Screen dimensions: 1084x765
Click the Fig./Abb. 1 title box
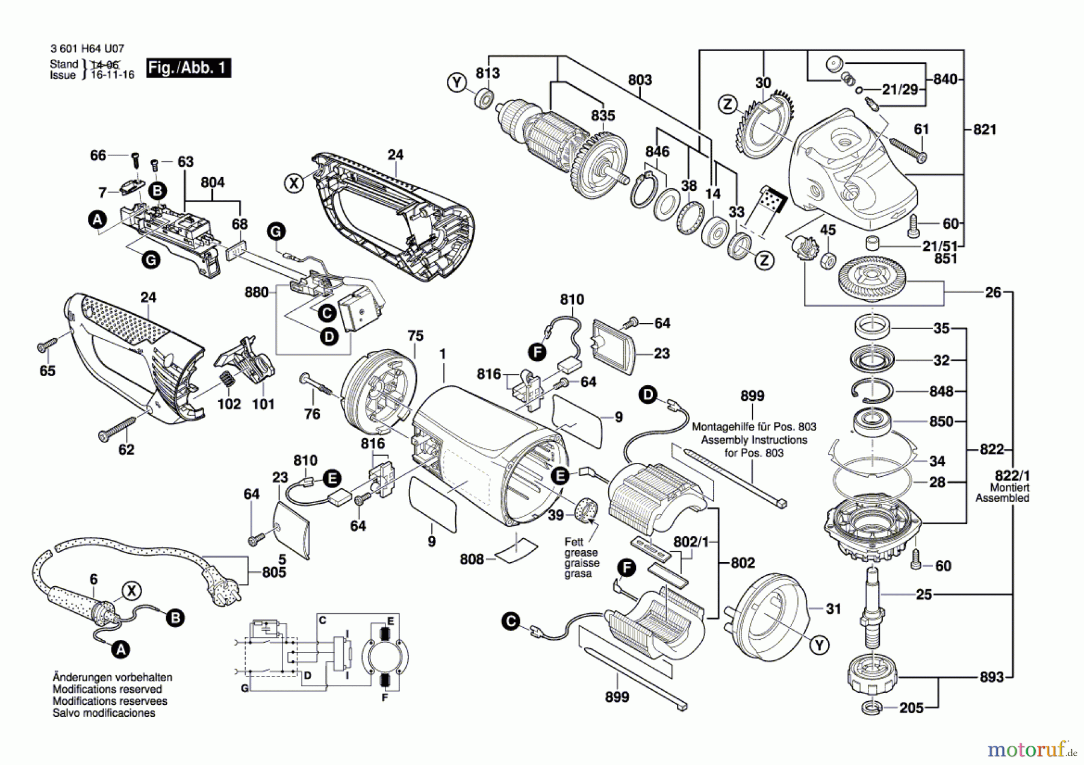(x=188, y=67)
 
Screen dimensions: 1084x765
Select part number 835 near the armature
(x=603, y=116)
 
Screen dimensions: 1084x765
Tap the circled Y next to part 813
(x=457, y=82)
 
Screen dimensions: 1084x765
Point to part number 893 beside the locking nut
(x=991, y=677)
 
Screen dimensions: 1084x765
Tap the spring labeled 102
(x=226, y=380)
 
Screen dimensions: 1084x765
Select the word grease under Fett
(x=581, y=553)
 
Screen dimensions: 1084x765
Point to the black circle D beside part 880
(x=329, y=336)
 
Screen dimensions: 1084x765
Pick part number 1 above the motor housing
(x=443, y=355)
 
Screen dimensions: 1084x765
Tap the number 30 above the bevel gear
(x=763, y=82)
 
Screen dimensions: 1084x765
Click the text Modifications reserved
(x=107, y=689)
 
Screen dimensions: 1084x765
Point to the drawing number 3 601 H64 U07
(x=87, y=49)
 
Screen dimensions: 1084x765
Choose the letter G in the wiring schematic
(x=245, y=688)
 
